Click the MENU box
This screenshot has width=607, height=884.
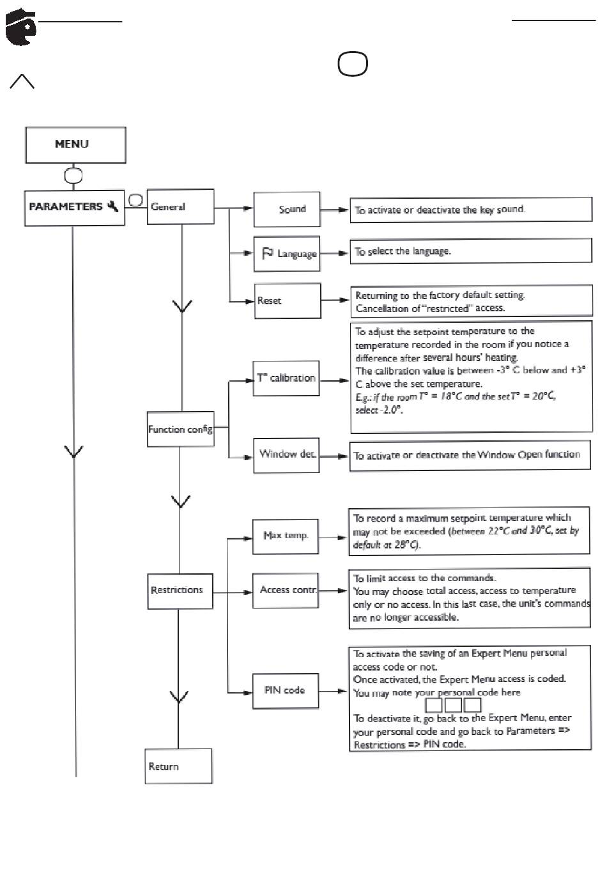click(x=76, y=145)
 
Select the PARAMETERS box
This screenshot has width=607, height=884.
click(x=75, y=208)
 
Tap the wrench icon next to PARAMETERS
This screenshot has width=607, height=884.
click(x=113, y=206)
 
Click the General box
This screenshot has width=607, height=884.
click(x=181, y=207)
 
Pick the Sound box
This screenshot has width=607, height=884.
click(x=287, y=209)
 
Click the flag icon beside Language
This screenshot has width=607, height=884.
click(x=268, y=253)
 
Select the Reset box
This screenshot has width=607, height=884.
click(x=288, y=300)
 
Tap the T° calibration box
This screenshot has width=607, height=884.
click(x=286, y=378)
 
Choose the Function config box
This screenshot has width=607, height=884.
click(x=181, y=429)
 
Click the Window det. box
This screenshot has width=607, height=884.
click(x=286, y=455)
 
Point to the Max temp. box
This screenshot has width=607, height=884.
click(x=286, y=536)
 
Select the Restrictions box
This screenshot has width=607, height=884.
click(x=180, y=591)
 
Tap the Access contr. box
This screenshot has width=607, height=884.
click(x=286, y=591)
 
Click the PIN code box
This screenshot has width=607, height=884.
click(x=286, y=690)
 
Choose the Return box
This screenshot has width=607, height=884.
click(x=179, y=766)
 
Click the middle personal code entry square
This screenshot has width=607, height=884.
click(x=453, y=705)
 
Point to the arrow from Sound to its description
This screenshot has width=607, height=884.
click(x=334, y=210)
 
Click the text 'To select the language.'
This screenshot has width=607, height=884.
click(x=403, y=251)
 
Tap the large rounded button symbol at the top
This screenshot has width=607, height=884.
click(x=353, y=63)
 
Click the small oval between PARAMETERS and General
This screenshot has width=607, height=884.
click(x=135, y=200)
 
